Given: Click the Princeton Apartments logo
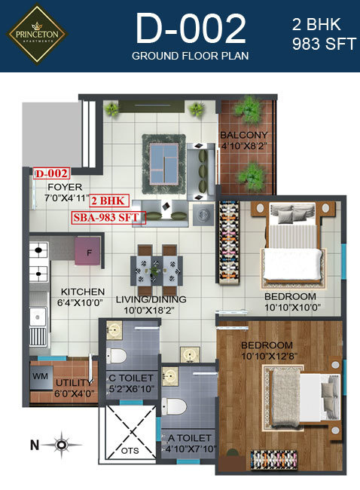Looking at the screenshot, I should (38, 34).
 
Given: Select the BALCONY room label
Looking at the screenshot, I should (243, 136).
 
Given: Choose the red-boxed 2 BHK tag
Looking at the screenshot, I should (108, 201).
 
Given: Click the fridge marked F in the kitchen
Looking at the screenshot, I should (90, 251).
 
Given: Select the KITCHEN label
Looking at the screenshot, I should (78, 292).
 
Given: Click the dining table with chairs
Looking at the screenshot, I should (156, 266).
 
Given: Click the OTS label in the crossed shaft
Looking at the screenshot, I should (131, 450).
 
